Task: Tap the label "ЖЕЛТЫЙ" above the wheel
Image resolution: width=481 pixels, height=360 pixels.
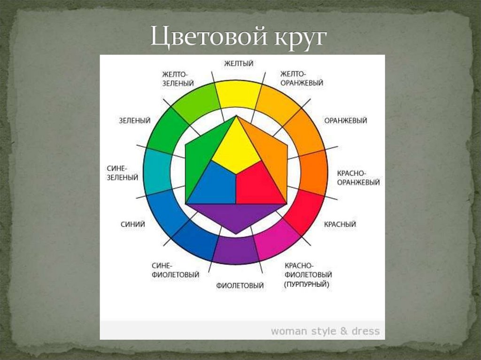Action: (238, 63)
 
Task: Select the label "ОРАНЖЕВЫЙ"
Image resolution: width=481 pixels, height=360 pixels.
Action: (345, 121)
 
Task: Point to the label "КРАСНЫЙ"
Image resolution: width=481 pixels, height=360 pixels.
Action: (340, 224)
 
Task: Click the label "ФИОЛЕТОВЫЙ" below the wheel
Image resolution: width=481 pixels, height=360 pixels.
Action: (240, 285)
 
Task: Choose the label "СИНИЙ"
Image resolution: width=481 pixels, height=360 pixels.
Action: (132, 224)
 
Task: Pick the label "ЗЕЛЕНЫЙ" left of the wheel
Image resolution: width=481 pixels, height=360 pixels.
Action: (134, 121)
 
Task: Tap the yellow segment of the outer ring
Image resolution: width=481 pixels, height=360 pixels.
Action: (238, 94)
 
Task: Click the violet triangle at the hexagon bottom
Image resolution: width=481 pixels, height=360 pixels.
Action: (236, 216)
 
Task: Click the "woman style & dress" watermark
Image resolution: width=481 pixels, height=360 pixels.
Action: (325, 331)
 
